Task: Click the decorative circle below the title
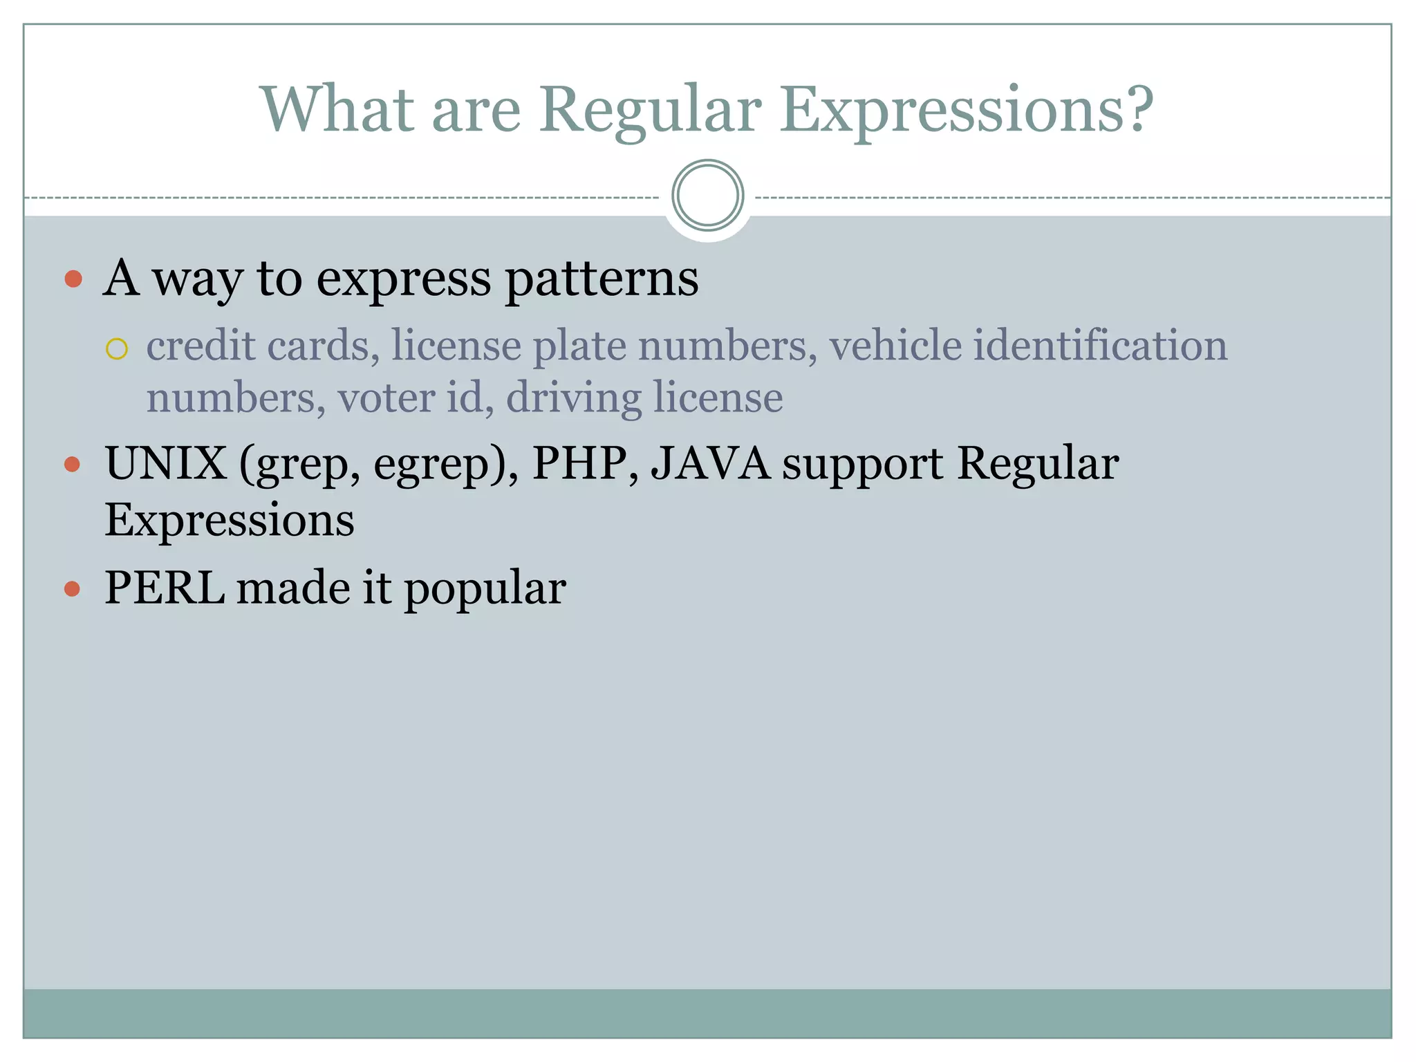click(707, 196)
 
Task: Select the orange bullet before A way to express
click(73, 279)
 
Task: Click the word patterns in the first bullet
click(602, 279)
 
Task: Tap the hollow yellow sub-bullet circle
click(117, 349)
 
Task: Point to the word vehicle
click(895, 346)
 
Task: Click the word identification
click(1100, 346)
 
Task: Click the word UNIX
click(165, 463)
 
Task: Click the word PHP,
click(585, 463)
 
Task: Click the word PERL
click(165, 588)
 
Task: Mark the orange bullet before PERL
click(73, 589)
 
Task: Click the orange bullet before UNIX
click(73, 464)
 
